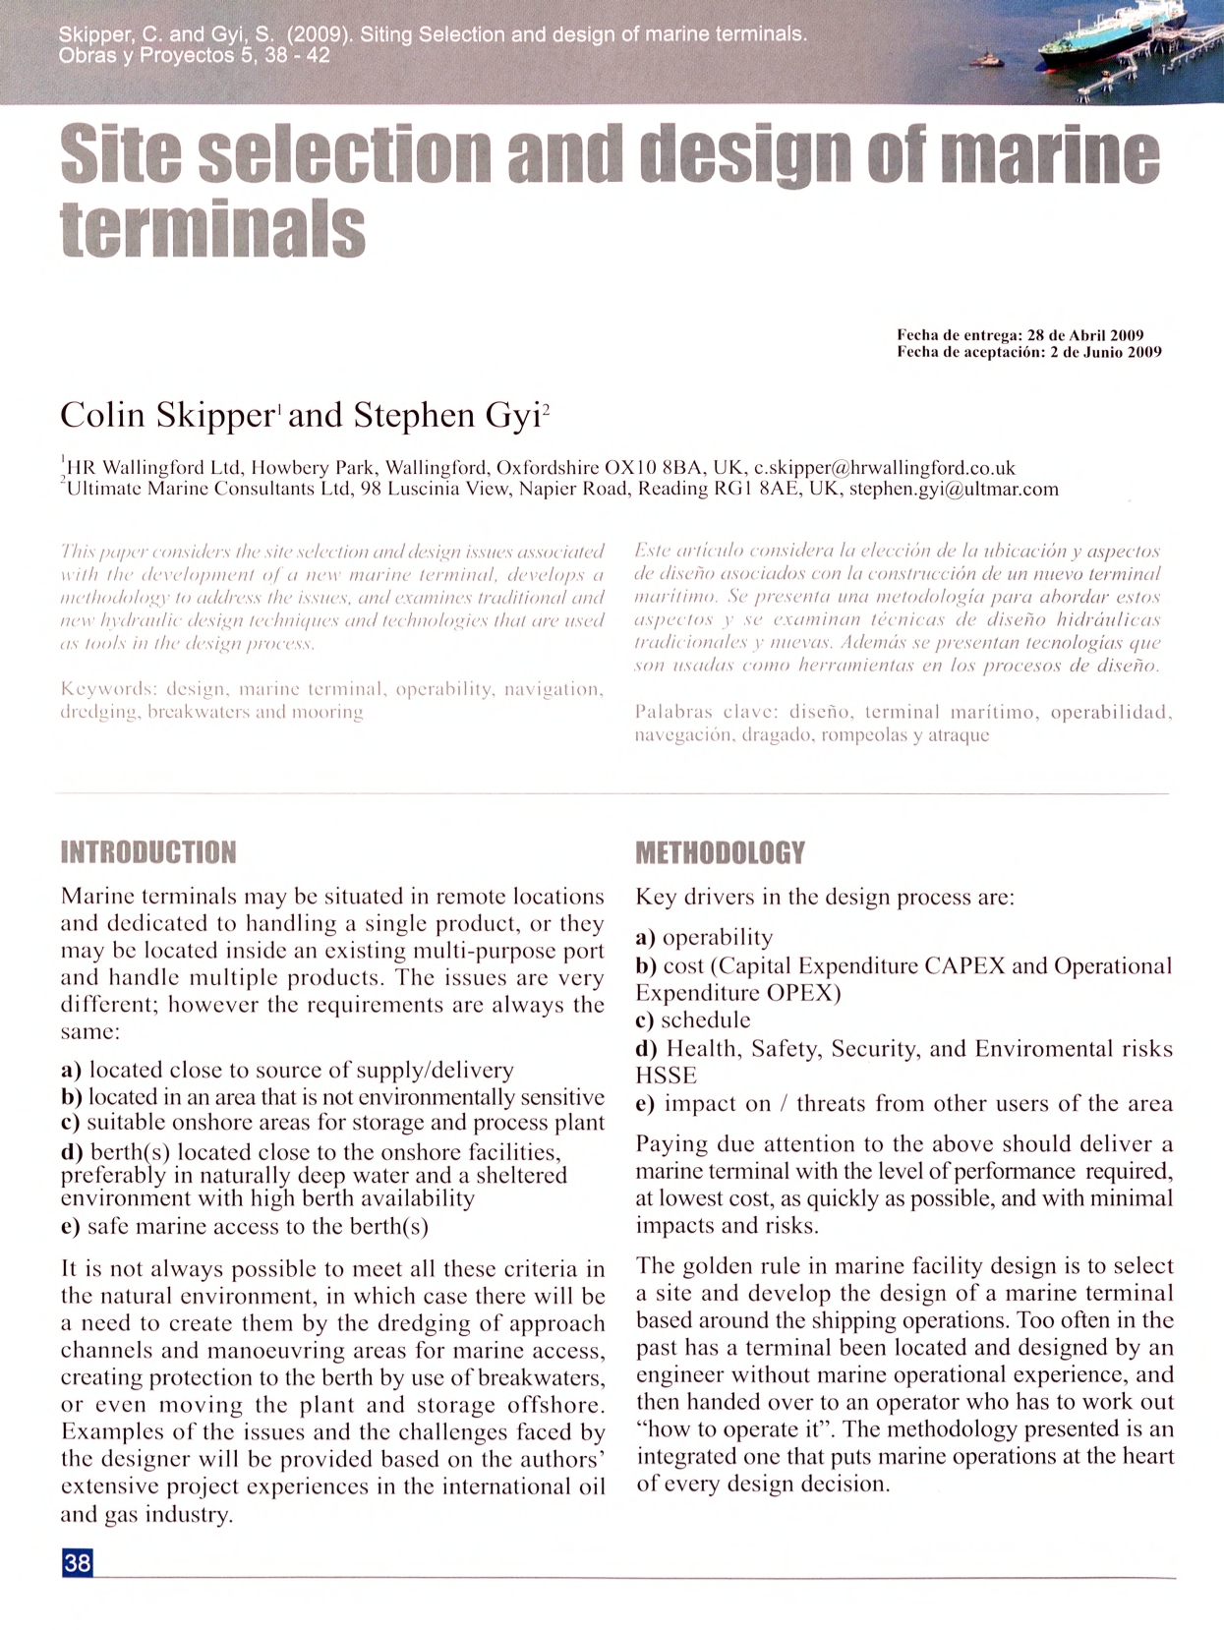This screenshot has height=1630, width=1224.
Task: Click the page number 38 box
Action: pyautogui.click(x=78, y=1562)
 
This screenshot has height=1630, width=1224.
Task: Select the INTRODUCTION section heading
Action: pyautogui.click(x=148, y=852)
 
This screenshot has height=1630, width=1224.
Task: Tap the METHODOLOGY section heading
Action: pyautogui.click(x=720, y=852)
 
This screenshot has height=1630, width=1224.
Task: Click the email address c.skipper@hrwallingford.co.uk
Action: pyautogui.click(x=884, y=468)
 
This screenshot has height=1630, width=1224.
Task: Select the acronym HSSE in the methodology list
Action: pyautogui.click(x=666, y=1076)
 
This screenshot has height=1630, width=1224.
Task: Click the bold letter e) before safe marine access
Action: pyautogui.click(x=71, y=1226)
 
